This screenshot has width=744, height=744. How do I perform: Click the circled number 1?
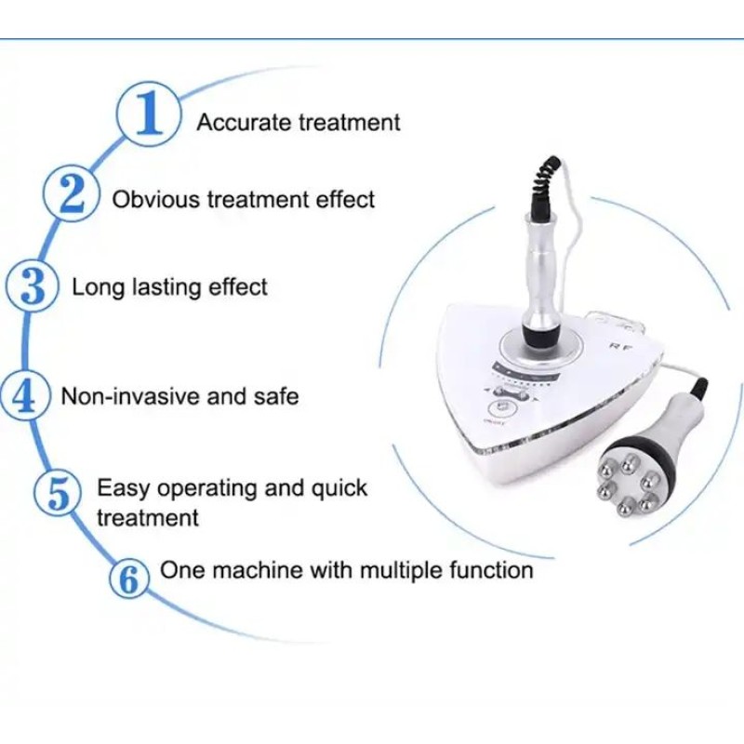coord(148,118)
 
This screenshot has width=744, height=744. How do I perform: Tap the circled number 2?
coord(71,196)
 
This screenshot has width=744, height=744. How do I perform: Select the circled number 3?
coord(32,286)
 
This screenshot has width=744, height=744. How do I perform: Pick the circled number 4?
coord(24,396)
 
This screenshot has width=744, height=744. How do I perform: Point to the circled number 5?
coord(59,494)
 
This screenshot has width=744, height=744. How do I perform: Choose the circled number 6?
coord(129,579)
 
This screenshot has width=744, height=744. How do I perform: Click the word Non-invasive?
coord(130,396)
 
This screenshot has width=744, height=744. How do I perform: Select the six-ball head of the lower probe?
coord(630,479)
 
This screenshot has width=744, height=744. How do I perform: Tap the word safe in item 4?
coord(275,396)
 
